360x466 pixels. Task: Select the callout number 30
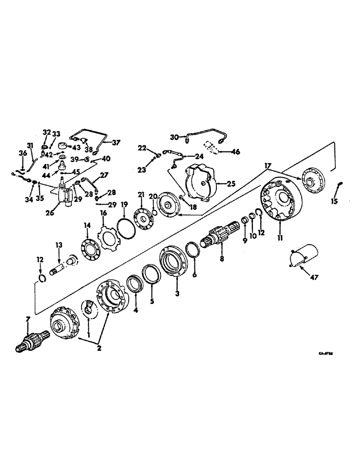click(x=174, y=137)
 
